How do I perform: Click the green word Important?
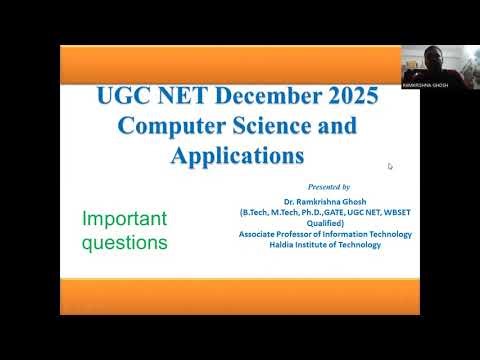pos(124,219)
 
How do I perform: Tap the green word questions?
pos(124,242)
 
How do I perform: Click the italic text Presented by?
pos(329,187)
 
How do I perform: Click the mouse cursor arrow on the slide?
pos(390,166)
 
